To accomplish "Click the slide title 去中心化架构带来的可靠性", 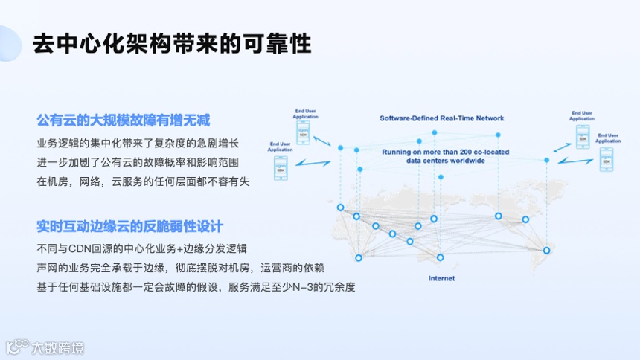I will point(171,45).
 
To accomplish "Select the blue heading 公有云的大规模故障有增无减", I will point(124,120).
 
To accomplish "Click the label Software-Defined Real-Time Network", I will point(441,118).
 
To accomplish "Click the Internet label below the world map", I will point(441,278).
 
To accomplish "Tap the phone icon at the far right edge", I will point(608,159).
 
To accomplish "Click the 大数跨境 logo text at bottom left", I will point(46,347).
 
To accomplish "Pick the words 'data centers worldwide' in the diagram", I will point(445,161).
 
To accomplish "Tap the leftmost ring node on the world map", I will point(340,208).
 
